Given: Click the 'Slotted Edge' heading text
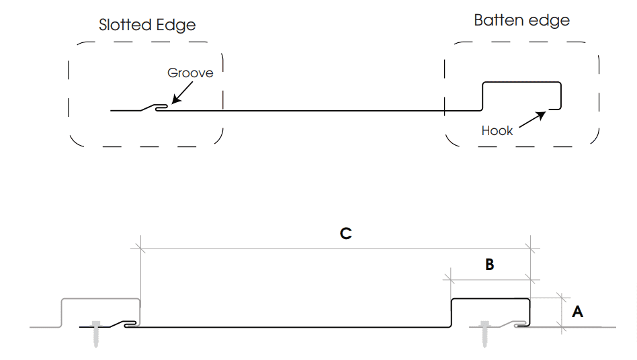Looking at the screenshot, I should (147, 26).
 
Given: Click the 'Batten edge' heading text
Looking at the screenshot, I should (521, 20).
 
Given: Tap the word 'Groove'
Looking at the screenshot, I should (190, 73).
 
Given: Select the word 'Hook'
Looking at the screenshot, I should (497, 131).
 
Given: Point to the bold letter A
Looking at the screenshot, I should (577, 312).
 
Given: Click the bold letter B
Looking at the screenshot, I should (490, 265).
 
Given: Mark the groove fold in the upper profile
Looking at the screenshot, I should (161, 107).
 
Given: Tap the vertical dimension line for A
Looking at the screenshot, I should (562, 312).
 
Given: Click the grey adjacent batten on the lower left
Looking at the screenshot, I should (100, 298).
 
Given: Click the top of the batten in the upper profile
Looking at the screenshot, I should (521, 82).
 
